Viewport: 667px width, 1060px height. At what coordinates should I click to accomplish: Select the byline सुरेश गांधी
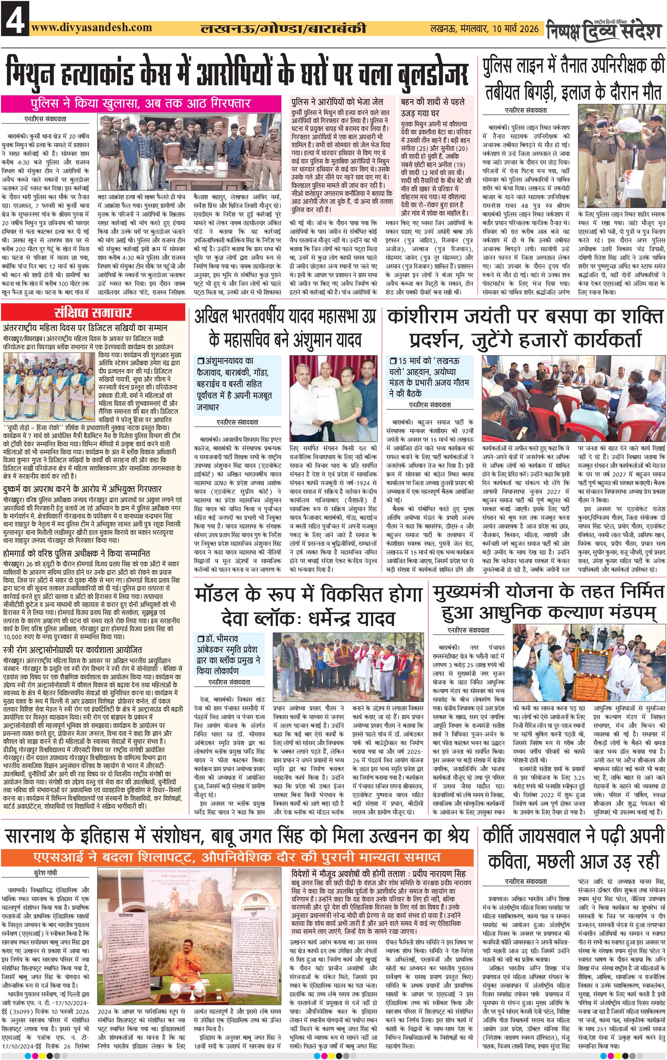[x=45, y=873]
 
